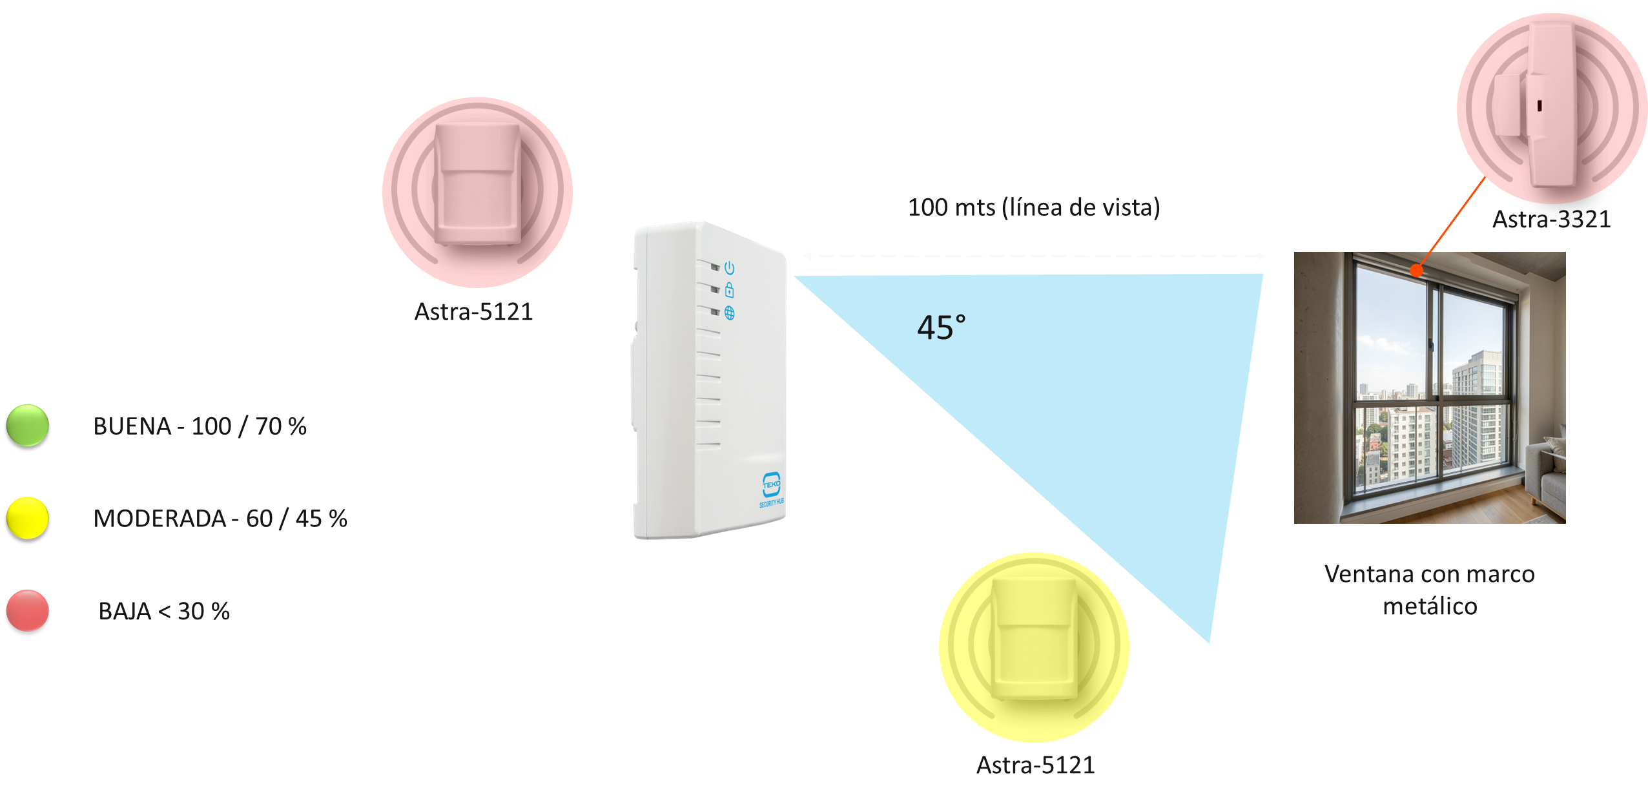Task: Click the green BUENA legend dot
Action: [x=28, y=426]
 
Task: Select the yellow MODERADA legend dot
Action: [x=28, y=518]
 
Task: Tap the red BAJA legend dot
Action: [x=28, y=610]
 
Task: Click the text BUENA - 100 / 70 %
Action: [x=200, y=426]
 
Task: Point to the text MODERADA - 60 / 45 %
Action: [x=220, y=519]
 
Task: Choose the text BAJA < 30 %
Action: [x=164, y=611]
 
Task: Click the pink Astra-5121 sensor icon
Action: [x=477, y=192]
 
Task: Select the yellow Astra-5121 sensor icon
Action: [x=1034, y=647]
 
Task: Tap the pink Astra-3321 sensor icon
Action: [x=1552, y=108]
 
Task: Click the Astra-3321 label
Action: [x=1551, y=220]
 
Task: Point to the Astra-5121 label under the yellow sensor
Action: [x=1035, y=765]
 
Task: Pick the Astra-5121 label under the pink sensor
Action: [x=473, y=312]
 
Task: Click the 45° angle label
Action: [x=942, y=327]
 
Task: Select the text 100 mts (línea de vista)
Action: [x=1034, y=207]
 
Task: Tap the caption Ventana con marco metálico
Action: [x=1430, y=590]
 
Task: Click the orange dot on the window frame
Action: [x=1416, y=271]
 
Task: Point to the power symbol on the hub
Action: [x=730, y=267]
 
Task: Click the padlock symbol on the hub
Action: [x=730, y=289]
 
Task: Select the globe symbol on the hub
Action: [x=730, y=313]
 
